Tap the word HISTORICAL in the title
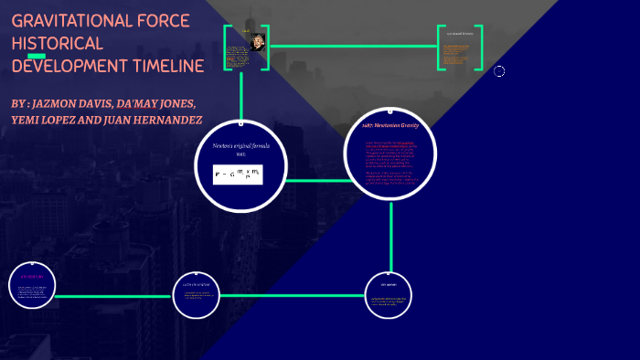57,44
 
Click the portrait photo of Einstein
258,42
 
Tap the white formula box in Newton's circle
237,173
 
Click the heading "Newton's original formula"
237,146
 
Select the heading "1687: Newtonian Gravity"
390,125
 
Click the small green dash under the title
37,55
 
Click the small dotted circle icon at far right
499,71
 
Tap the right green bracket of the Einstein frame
269,48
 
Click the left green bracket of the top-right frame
440,47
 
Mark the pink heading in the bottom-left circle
33,276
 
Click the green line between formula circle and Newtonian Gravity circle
310,178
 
